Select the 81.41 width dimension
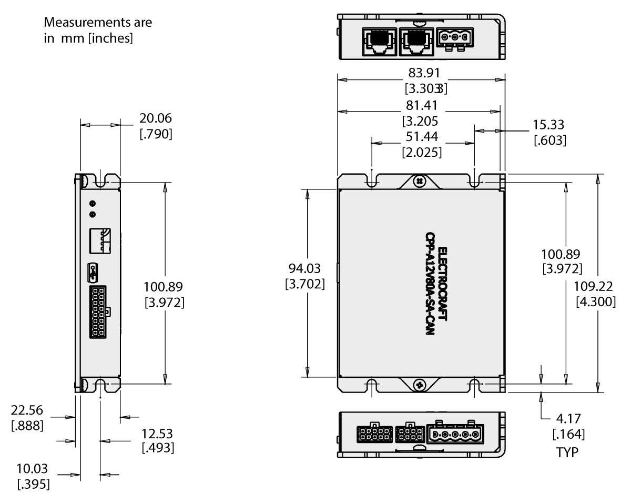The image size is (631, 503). [x=421, y=106]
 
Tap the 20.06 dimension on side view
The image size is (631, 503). [x=156, y=118]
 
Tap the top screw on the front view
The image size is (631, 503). [x=419, y=181]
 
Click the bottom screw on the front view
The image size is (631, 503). [x=419, y=384]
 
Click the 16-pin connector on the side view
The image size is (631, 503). [x=98, y=312]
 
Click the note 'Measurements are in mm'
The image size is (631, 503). [x=98, y=31]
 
